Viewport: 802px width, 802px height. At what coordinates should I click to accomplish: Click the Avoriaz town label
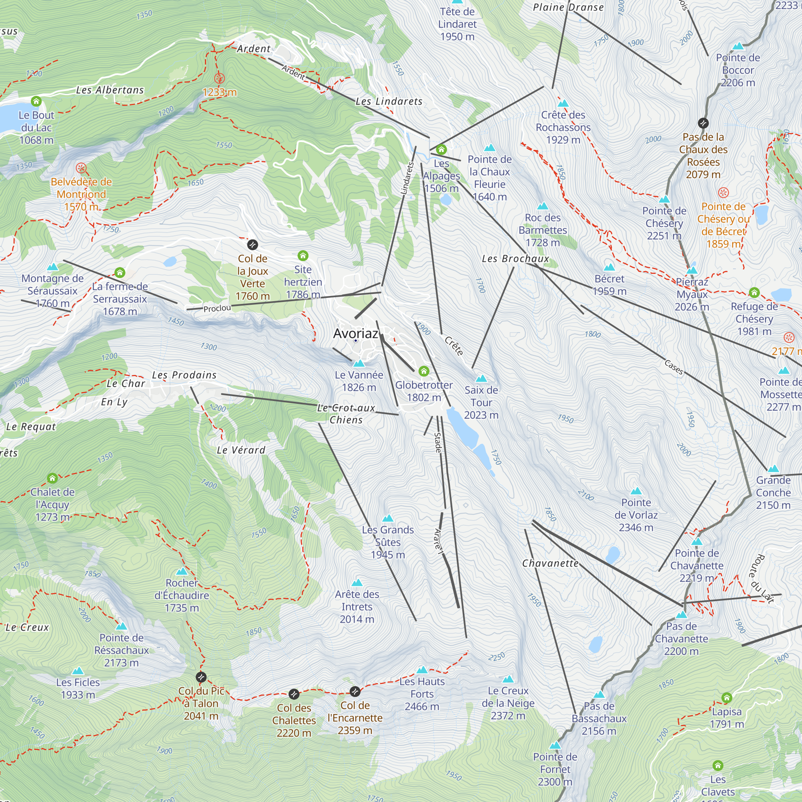coord(356,333)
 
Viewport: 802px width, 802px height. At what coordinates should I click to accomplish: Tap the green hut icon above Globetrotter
coord(423,371)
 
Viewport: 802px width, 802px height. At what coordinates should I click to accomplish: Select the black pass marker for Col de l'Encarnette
coord(355,691)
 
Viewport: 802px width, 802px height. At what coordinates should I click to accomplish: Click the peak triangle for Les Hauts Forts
coord(422,670)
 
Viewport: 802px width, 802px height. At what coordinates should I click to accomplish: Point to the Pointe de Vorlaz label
coord(636,515)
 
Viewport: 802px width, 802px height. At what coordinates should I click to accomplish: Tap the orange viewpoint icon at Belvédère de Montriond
coord(81,168)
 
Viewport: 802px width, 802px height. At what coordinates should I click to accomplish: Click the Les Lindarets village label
coord(389,101)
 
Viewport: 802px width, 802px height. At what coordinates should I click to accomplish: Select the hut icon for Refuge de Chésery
coord(754,293)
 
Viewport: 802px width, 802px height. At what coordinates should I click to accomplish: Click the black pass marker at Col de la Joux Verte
coord(252,245)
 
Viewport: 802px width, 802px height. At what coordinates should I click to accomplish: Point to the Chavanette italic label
coord(550,563)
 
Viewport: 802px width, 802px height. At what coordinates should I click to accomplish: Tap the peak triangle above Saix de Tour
coord(481,378)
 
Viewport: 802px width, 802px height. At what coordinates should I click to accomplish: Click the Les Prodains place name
coord(184,375)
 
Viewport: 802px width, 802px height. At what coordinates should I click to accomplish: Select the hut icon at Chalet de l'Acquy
coord(52,478)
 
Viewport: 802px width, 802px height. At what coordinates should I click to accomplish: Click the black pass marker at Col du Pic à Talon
coord(201,677)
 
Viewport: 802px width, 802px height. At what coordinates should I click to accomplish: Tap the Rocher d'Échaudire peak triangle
coord(182,571)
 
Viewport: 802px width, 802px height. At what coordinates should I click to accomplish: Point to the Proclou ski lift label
coord(217,308)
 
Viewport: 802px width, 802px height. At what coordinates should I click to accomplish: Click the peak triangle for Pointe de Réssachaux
coord(121,626)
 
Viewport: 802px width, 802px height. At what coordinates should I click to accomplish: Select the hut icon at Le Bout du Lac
coord(36,101)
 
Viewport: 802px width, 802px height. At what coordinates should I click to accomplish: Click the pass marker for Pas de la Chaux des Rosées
coord(703,123)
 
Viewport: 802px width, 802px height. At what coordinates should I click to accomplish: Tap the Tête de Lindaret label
coord(457,24)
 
